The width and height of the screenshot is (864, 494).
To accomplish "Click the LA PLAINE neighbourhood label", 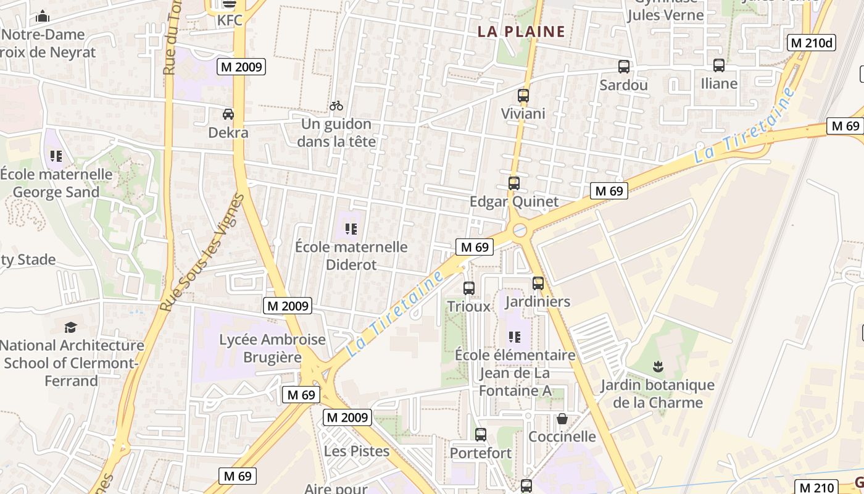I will pos(521,31).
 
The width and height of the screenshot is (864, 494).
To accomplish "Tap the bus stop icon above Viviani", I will pos(523,96).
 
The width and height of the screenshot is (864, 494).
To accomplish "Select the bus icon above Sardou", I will pos(624,67).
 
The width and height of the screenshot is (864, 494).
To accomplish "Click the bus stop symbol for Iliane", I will pos(719,65).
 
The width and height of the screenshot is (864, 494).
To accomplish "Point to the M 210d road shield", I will pos(812,43).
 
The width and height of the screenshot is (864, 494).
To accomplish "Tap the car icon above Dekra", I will pos(228,114).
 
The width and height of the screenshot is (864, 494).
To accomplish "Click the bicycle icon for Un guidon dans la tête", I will pos(336,106).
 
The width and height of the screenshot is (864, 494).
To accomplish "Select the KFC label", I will pos(230,20).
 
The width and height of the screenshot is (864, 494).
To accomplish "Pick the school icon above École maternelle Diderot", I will pos(351,230).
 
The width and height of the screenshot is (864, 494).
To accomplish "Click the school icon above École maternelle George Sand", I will pos(56,156).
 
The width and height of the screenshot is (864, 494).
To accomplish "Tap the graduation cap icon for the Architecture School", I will pos(71,327).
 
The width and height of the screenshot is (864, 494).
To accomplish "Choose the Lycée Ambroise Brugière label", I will pos(272,348).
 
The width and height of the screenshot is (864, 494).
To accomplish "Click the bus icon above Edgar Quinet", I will pos(514,183).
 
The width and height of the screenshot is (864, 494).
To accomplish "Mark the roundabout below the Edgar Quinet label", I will pos(520,231).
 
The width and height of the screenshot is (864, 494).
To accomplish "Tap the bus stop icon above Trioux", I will pos(469,288).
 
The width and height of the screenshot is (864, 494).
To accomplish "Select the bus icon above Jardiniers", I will pos(538,283).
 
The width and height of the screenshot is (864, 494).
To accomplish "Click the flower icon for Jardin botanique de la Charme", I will pos(658,367).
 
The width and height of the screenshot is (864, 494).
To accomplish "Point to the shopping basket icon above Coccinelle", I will pos(562,419).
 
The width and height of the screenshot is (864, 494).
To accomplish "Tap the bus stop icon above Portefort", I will pos(481,435).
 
